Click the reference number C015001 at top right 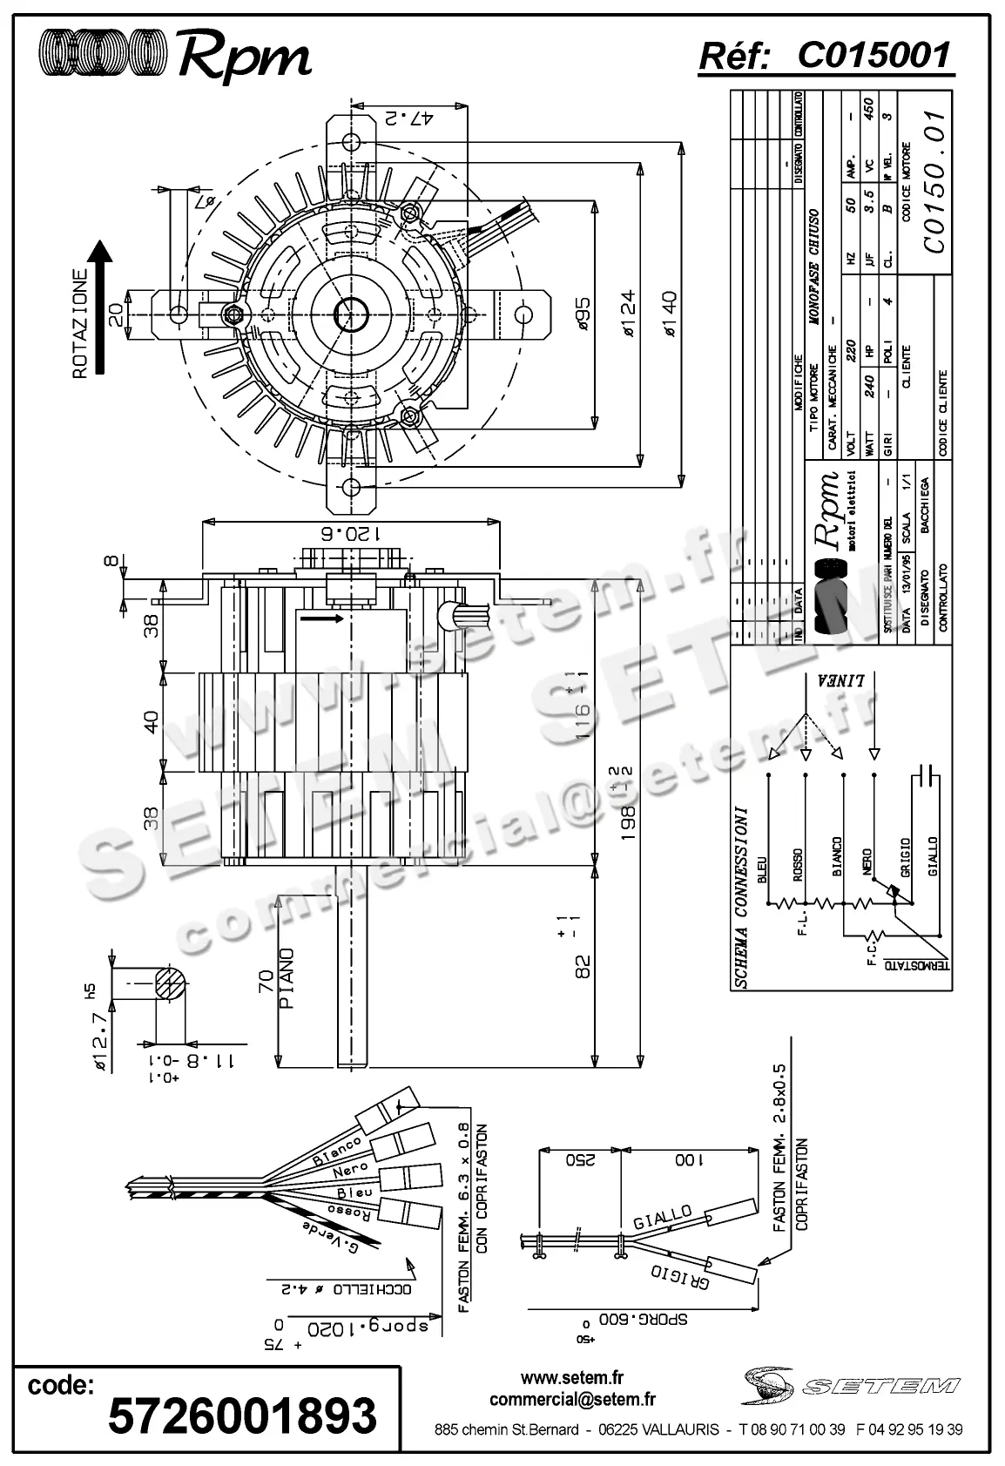point(873,56)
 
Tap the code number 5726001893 point(242,1416)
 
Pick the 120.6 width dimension point(351,533)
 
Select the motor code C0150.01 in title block point(933,182)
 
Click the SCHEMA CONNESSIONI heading point(742,897)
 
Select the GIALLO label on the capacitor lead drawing point(663,1217)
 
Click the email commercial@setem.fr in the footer point(572,1400)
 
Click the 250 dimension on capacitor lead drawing point(579,1159)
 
